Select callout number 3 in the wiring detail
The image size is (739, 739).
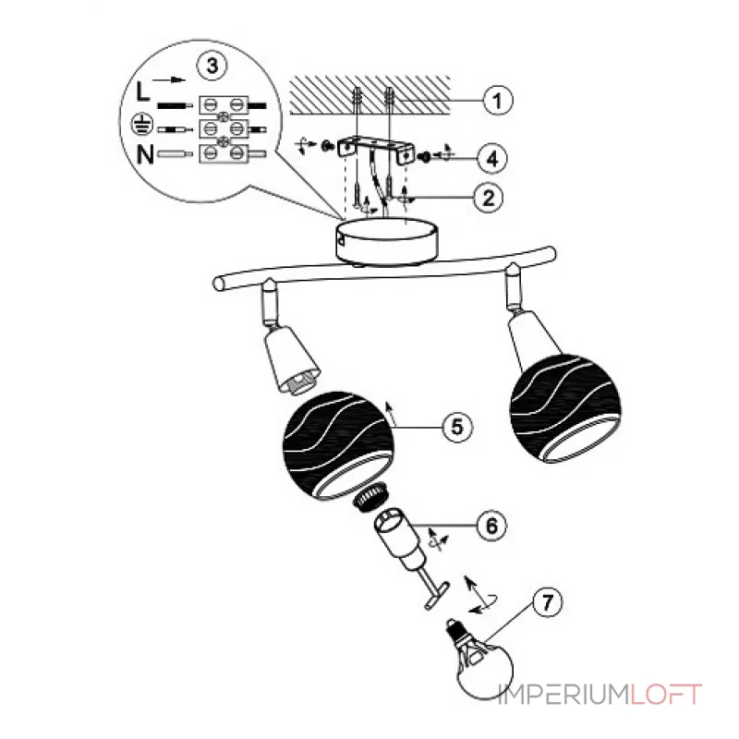[213, 67]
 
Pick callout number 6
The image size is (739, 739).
[491, 525]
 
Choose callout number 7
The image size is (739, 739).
[548, 603]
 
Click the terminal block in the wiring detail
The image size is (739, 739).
[226, 125]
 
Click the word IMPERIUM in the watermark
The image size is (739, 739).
[563, 695]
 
